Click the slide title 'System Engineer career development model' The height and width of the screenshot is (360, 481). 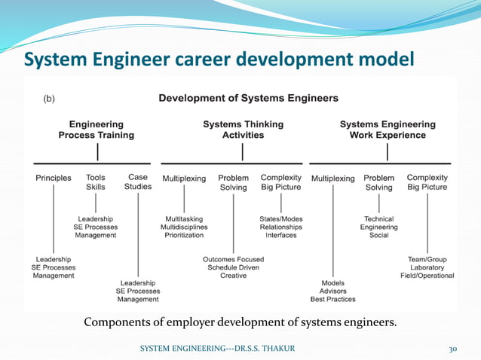tap(219, 58)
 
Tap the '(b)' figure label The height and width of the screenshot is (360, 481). tap(47, 99)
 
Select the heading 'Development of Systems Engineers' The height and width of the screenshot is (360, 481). tap(248, 98)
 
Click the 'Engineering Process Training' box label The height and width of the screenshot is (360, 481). tap(97, 130)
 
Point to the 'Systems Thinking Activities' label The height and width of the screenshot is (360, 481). tap(243, 130)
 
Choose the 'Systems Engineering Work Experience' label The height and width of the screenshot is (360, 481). tap(388, 130)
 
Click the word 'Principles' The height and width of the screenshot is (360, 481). tap(54, 178)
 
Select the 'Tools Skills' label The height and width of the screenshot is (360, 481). tap(96, 182)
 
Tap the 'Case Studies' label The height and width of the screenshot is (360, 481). tap(138, 182)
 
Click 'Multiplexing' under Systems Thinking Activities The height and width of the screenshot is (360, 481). tap(184, 178)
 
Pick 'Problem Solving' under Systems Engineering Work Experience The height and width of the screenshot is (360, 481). tap(379, 182)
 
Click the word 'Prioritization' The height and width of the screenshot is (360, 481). tap(183, 235)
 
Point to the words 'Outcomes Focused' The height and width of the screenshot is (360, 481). tap(234, 259)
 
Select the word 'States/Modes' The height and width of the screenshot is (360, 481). tap(280, 218)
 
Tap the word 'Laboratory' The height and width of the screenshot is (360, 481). tap(427, 267)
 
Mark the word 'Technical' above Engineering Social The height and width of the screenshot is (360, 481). tap(379, 218)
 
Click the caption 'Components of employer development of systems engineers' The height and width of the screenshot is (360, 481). tap(240, 323)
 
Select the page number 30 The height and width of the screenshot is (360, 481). tap(453, 349)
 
